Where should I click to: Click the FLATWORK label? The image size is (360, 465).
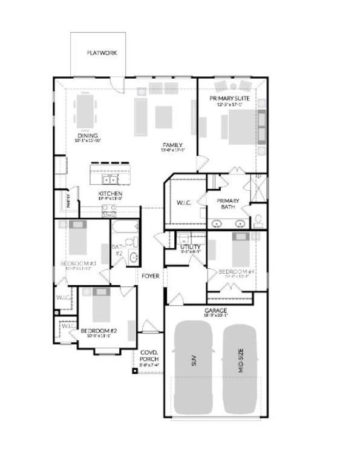[102, 53]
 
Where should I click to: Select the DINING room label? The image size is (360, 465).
[88, 136]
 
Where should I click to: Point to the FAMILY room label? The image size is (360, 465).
[172, 145]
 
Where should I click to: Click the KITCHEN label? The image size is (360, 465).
[111, 194]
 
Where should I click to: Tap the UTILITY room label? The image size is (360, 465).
[191, 247]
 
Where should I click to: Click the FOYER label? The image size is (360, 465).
[151, 276]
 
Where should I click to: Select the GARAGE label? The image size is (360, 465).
[215, 311]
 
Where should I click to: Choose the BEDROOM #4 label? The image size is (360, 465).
[236, 272]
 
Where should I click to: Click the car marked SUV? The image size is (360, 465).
[193, 367]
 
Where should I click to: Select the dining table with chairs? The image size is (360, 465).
[85, 110]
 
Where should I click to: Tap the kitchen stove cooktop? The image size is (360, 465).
[110, 211]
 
